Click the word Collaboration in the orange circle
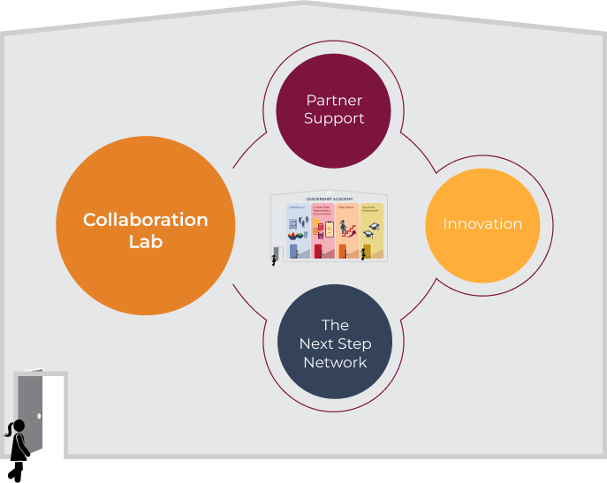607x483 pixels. click(145, 220)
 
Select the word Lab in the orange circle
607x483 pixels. click(145, 241)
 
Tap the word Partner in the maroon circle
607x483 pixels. click(334, 101)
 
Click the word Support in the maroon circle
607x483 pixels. click(334, 118)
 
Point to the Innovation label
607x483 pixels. click(482, 224)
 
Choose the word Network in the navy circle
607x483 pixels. click(335, 362)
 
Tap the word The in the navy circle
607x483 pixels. click(335, 325)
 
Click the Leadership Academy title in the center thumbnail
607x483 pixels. click(329, 200)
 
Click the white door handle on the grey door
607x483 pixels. click(40, 415)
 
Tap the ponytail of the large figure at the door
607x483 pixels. click(9, 432)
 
